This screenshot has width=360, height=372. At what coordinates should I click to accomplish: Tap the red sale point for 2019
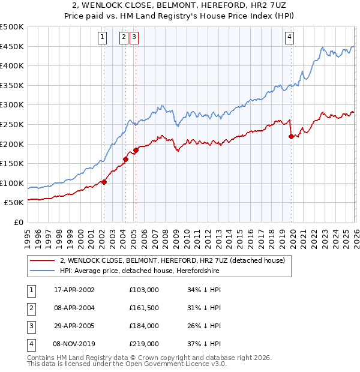click(x=291, y=136)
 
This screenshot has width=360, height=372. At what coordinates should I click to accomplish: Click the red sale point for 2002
click(x=104, y=182)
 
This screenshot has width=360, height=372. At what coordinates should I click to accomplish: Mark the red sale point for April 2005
click(x=136, y=150)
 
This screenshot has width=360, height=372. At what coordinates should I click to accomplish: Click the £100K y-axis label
click(x=12, y=183)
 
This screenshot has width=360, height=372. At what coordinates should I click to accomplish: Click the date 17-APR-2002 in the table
click(x=74, y=290)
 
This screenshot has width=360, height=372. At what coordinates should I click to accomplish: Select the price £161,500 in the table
click(x=144, y=308)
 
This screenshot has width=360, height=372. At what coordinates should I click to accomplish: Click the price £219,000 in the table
click(x=144, y=344)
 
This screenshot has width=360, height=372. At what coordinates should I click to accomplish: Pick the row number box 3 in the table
click(x=30, y=326)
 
